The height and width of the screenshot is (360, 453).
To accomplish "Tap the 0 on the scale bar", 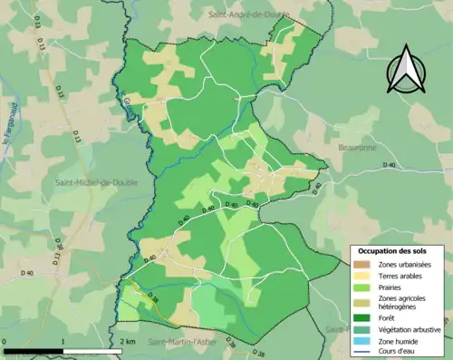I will click(5, 342).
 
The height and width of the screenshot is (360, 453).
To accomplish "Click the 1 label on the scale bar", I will click(63, 342).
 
